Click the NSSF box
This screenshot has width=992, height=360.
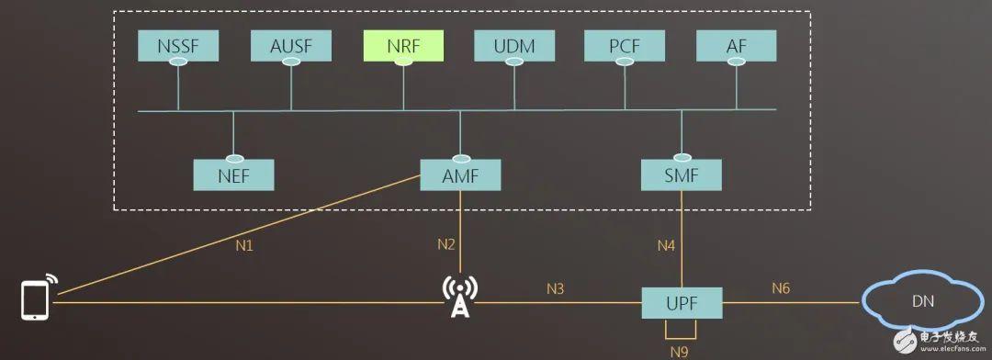(x=178, y=44)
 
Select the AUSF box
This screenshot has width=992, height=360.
(x=291, y=44)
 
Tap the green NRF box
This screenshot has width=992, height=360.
(x=403, y=44)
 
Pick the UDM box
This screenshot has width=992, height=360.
(x=514, y=44)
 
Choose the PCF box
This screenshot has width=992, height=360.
(x=625, y=44)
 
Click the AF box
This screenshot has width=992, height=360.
(x=736, y=44)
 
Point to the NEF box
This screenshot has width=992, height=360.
(x=233, y=174)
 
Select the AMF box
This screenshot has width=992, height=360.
(x=460, y=174)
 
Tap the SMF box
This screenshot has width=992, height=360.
(x=682, y=174)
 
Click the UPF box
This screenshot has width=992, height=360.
(x=682, y=301)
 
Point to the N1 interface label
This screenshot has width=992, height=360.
(x=243, y=246)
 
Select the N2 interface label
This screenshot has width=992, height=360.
(x=446, y=244)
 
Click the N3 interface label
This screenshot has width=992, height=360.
(x=555, y=288)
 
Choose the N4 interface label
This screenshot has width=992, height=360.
(x=666, y=245)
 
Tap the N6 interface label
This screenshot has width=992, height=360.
(x=780, y=288)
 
